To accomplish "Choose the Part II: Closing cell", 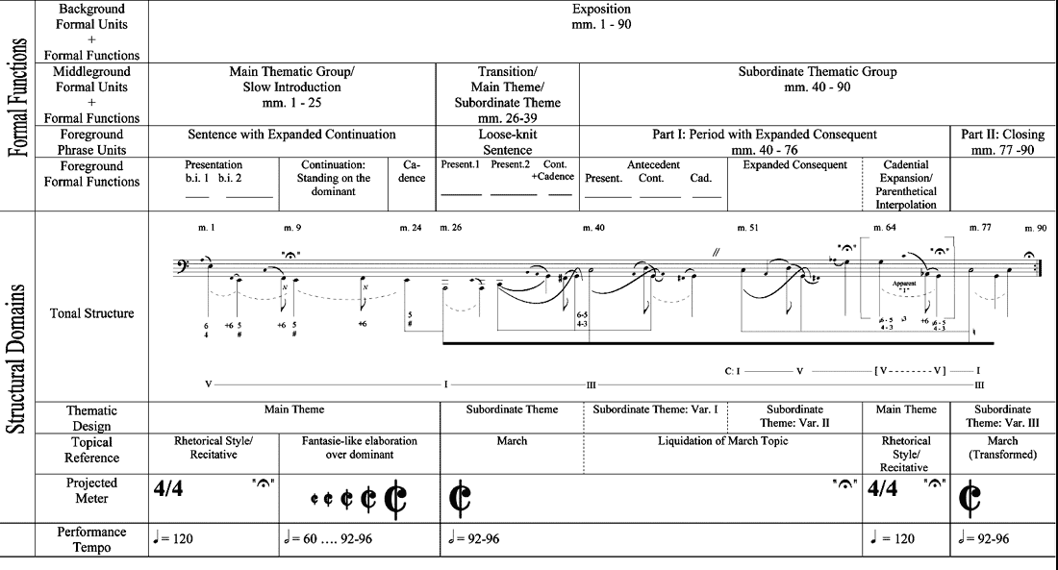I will click(1002, 142).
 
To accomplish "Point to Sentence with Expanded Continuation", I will click(291, 135).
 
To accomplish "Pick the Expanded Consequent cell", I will click(794, 165).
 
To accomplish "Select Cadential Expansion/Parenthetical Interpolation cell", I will click(906, 185).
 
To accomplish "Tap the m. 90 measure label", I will click(1035, 228).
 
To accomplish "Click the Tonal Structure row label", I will click(91, 312).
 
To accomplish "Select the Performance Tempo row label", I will click(91, 538).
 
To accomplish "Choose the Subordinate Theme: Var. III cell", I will click(1002, 416).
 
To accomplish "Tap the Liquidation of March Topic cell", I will click(722, 441).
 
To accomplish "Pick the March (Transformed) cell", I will click(1002, 448).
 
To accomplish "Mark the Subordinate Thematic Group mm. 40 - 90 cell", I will click(818, 79).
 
